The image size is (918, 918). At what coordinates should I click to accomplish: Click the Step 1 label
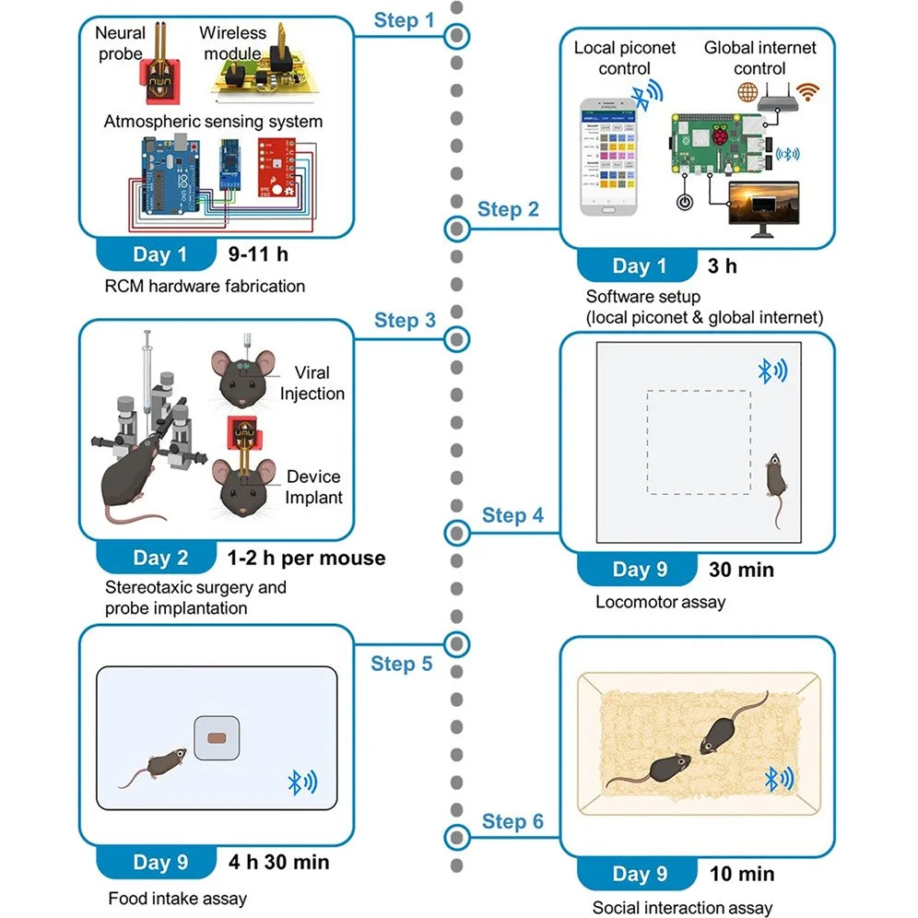[x=405, y=19]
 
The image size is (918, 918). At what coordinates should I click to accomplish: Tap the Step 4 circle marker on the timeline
[x=456, y=532]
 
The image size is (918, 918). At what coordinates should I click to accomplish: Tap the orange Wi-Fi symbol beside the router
[x=807, y=92]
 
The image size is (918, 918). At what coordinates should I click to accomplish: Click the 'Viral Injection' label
[x=313, y=383]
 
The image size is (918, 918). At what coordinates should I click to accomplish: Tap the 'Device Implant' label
[x=313, y=487]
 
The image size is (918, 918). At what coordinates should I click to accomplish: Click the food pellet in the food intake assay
[x=218, y=739]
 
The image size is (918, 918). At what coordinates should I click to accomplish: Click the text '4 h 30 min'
[x=278, y=863]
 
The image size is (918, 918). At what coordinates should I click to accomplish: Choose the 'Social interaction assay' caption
[x=682, y=908]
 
